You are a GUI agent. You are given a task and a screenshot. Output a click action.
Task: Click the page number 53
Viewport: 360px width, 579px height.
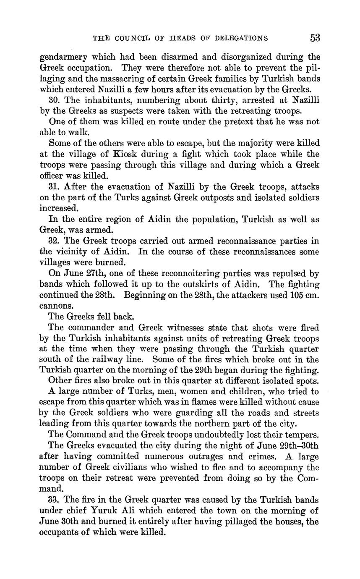(x=315, y=38)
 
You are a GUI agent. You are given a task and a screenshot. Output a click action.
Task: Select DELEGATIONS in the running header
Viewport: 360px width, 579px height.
(x=241, y=39)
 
